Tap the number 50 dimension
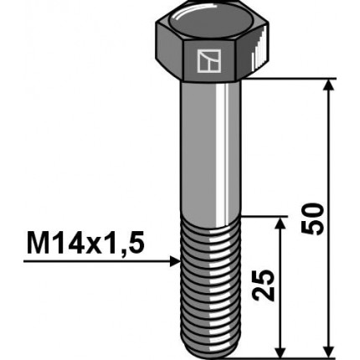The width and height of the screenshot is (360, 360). click(x=312, y=219)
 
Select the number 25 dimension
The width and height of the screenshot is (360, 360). click(x=263, y=285)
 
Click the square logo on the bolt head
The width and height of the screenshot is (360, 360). click(x=209, y=61)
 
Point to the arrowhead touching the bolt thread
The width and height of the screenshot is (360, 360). click(x=175, y=261)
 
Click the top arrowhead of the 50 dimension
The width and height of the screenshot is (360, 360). click(x=328, y=85)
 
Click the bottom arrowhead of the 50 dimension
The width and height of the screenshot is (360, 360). click(x=328, y=351)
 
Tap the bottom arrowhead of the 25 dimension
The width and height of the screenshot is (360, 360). click(x=280, y=351)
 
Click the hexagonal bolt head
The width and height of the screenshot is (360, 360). click(x=212, y=42)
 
